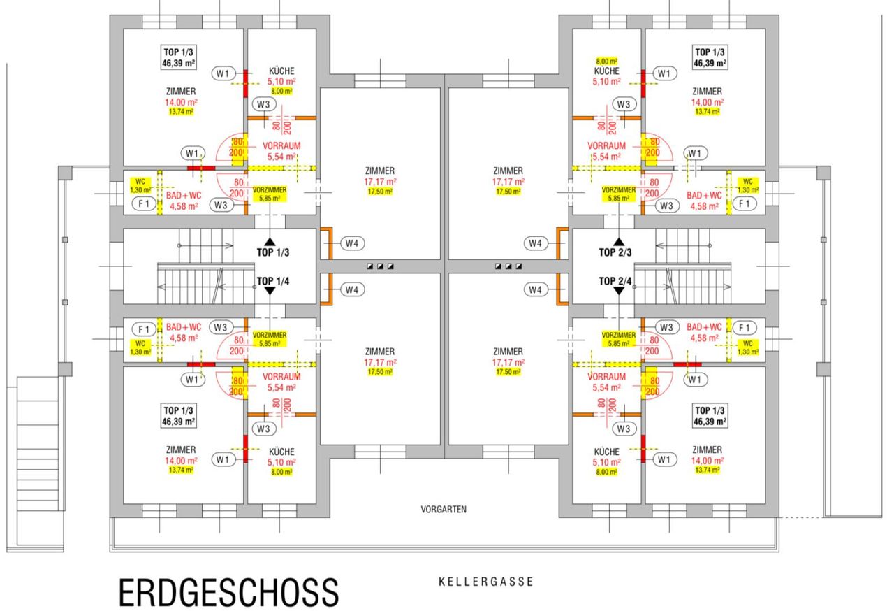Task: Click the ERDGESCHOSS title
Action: click(x=228, y=593)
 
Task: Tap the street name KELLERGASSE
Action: click(x=485, y=582)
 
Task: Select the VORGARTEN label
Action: click(x=444, y=509)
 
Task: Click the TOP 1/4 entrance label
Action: click(x=273, y=281)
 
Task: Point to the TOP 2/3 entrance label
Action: click(x=615, y=252)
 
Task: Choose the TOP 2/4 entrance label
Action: click(x=615, y=281)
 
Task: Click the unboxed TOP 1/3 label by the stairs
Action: click(x=273, y=252)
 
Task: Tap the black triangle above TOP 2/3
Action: click(x=619, y=242)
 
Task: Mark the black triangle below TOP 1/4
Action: click(x=270, y=291)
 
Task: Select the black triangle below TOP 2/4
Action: click(x=619, y=291)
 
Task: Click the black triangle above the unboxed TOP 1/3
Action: click(x=270, y=242)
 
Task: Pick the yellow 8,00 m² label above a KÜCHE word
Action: click(x=607, y=61)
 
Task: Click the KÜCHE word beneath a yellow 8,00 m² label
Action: click(x=607, y=71)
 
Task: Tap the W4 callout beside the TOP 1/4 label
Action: click(x=352, y=289)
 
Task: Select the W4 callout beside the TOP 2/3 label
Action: click(x=535, y=243)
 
